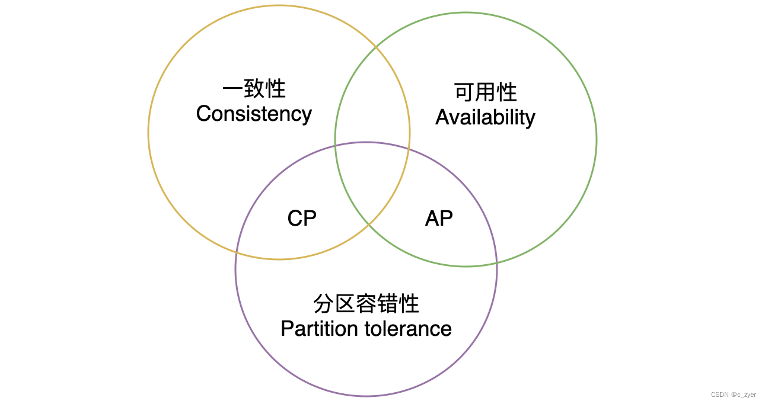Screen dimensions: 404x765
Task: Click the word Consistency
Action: point(254,114)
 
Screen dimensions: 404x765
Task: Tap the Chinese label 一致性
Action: point(254,89)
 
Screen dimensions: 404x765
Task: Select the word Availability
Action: point(485,117)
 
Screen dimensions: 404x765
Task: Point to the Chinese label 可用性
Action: point(485,92)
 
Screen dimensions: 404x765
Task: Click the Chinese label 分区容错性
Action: point(366,304)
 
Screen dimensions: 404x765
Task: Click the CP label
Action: point(302,218)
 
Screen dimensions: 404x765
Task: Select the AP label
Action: point(439,218)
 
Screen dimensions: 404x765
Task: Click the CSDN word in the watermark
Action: point(719,395)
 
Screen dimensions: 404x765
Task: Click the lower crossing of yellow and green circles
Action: point(369,225)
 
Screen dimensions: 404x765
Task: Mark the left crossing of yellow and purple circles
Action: point(237,252)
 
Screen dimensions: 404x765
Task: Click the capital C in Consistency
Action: point(203,114)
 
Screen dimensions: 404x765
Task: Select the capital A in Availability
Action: point(442,117)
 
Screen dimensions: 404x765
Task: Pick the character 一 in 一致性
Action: point(232,89)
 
